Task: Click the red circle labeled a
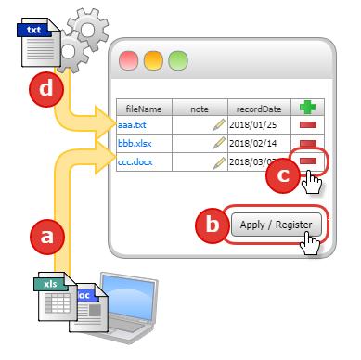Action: pos(48,237)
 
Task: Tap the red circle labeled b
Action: pos(213,225)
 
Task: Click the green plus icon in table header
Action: pos(307,108)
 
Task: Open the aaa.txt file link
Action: pos(133,124)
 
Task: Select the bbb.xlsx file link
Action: pos(135,143)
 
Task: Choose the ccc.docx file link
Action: pos(136,161)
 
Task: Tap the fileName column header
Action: pos(143,109)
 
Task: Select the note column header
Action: pos(200,109)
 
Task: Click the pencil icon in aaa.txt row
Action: pos(219,124)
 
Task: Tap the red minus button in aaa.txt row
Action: pos(307,124)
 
